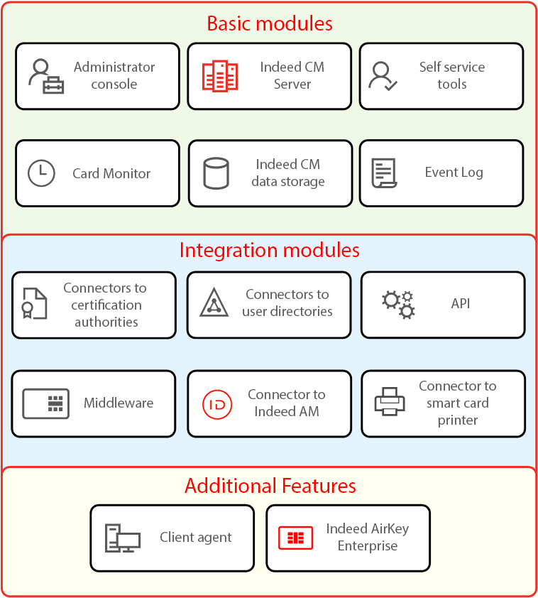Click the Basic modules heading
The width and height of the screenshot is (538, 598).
(x=269, y=23)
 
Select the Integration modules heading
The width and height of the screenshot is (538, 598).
(x=269, y=250)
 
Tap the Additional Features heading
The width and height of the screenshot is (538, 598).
(x=270, y=486)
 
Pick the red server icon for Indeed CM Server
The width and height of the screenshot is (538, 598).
(x=219, y=76)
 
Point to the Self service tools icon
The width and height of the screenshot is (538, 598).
(x=383, y=76)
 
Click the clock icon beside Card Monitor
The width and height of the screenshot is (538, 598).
(x=41, y=173)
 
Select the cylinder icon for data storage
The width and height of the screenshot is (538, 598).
(x=216, y=173)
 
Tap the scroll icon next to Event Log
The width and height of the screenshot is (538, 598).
(x=384, y=173)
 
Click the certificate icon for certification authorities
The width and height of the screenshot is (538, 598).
(x=34, y=304)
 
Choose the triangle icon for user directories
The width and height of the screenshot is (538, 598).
(x=214, y=303)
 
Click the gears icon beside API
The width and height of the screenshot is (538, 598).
(x=398, y=304)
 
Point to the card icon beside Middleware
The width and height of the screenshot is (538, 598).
(x=46, y=403)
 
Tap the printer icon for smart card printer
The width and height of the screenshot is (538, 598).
(x=390, y=402)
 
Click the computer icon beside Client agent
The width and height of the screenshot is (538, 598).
(x=122, y=538)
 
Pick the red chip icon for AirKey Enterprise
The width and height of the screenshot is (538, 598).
(x=295, y=538)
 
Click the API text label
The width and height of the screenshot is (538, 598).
(x=461, y=303)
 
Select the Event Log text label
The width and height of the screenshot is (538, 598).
(x=454, y=173)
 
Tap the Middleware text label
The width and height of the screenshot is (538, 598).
(x=119, y=403)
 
